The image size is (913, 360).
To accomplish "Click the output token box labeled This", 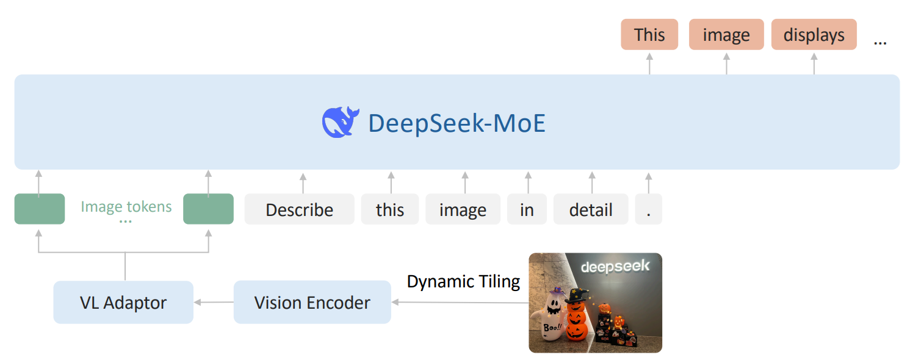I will [649, 35].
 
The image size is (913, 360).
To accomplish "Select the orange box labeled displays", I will [814, 35].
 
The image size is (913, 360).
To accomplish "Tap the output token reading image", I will [726, 35].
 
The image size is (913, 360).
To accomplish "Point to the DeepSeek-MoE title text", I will [457, 123].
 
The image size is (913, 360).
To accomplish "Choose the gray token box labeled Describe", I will [299, 209].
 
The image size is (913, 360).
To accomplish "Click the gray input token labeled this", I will [390, 209].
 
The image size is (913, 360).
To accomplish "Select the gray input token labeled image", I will [463, 209].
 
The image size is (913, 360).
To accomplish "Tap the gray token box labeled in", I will [527, 209].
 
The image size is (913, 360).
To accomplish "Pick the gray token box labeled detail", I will [591, 209].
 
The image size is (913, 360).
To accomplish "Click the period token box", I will [648, 209].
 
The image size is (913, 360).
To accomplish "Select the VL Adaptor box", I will [123, 302].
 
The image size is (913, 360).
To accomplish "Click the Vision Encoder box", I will [312, 302].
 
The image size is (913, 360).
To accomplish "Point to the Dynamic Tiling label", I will [463, 281].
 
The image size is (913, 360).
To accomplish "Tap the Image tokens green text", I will [126, 207].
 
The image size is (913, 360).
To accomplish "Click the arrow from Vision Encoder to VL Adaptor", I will [214, 302].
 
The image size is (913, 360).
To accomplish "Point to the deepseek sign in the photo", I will [615, 267].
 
